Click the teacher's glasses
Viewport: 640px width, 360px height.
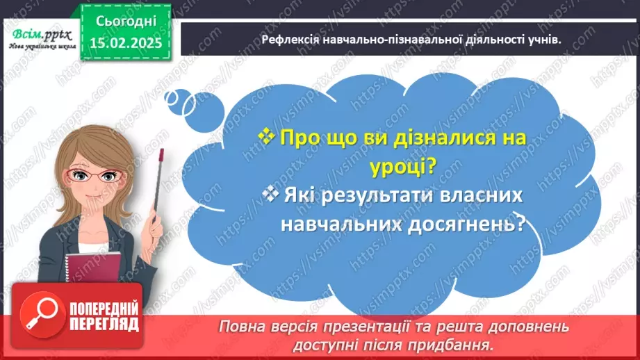[x=99, y=177]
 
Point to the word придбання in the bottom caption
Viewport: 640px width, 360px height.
[x=465, y=344]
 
